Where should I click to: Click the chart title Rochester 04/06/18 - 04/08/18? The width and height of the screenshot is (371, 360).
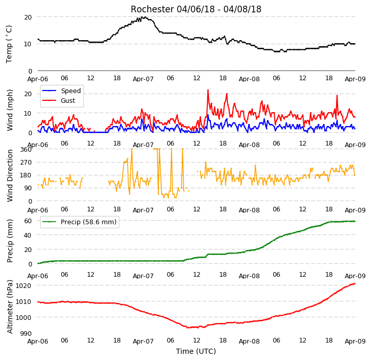click(196, 9)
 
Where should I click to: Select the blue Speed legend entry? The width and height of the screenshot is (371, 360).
click(61, 91)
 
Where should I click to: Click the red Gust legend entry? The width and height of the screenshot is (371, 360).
click(59, 100)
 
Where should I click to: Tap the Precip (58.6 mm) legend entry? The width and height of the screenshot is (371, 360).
click(79, 222)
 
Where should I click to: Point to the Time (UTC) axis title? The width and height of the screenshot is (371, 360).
click(196, 351)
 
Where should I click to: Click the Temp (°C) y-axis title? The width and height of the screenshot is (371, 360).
click(9, 44)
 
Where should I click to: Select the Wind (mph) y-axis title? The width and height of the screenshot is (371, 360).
click(9, 110)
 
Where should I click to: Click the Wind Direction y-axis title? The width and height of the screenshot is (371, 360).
click(9, 175)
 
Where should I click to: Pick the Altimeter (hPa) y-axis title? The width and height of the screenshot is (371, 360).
click(9, 307)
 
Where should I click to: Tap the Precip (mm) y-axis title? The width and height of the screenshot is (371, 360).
click(9, 241)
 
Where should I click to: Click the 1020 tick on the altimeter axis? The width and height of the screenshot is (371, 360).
click(23, 286)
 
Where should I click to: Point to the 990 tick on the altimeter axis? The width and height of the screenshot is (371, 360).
click(26, 333)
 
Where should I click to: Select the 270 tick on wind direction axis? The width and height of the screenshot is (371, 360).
click(26, 163)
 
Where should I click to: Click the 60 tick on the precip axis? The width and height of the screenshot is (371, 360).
click(28, 221)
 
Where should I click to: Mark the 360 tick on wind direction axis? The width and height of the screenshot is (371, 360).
click(26, 150)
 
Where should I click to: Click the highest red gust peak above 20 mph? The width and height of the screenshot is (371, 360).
click(208, 90)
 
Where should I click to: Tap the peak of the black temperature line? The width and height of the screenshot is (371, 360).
click(142, 17)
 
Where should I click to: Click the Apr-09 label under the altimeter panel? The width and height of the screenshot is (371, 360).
click(355, 341)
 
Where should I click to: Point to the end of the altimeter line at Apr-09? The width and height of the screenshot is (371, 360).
click(355, 283)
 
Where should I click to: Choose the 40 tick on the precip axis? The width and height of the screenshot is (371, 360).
click(28, 235)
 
